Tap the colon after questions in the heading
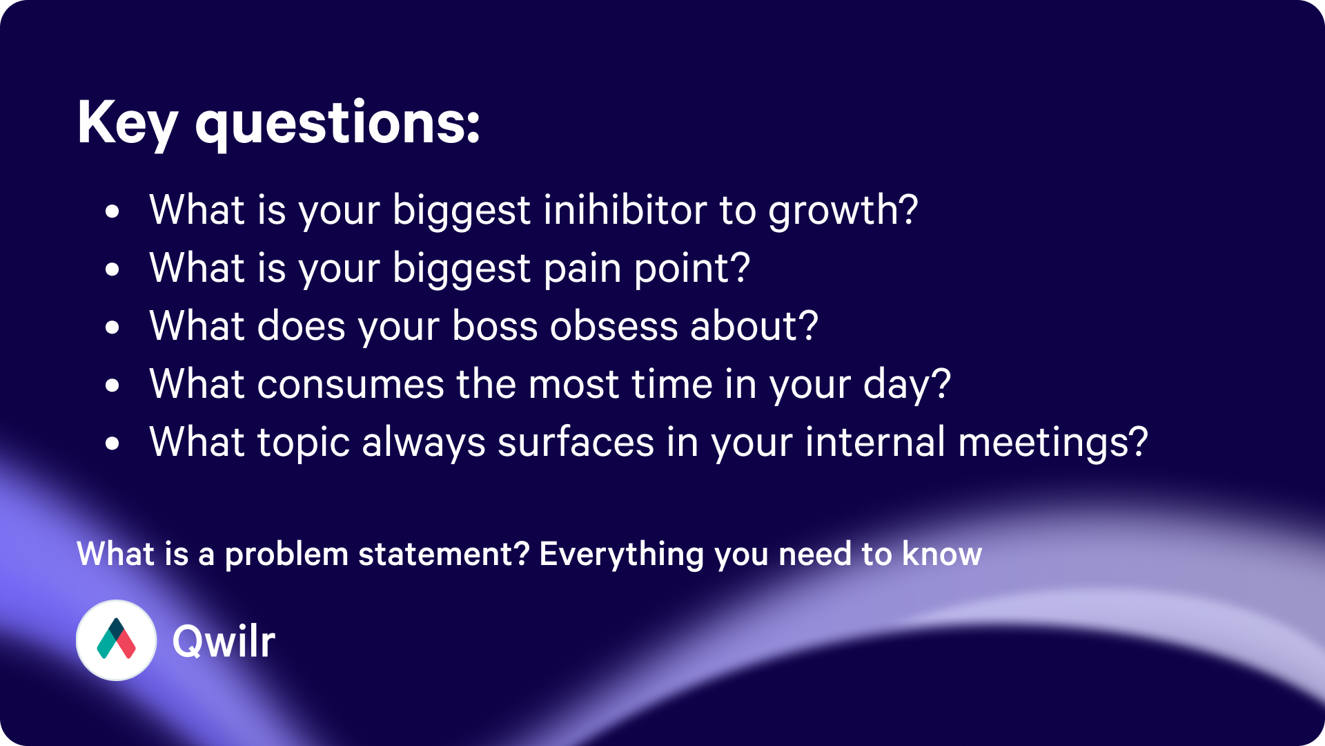click(473, 125)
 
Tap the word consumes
click(351, 384)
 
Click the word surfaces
click(576, 442)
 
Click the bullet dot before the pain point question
click(112, 269)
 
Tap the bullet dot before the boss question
click(112, 327)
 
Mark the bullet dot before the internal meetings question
click(112, 443)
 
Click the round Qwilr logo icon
click(116, 640)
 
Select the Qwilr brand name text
click(224, 641)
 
